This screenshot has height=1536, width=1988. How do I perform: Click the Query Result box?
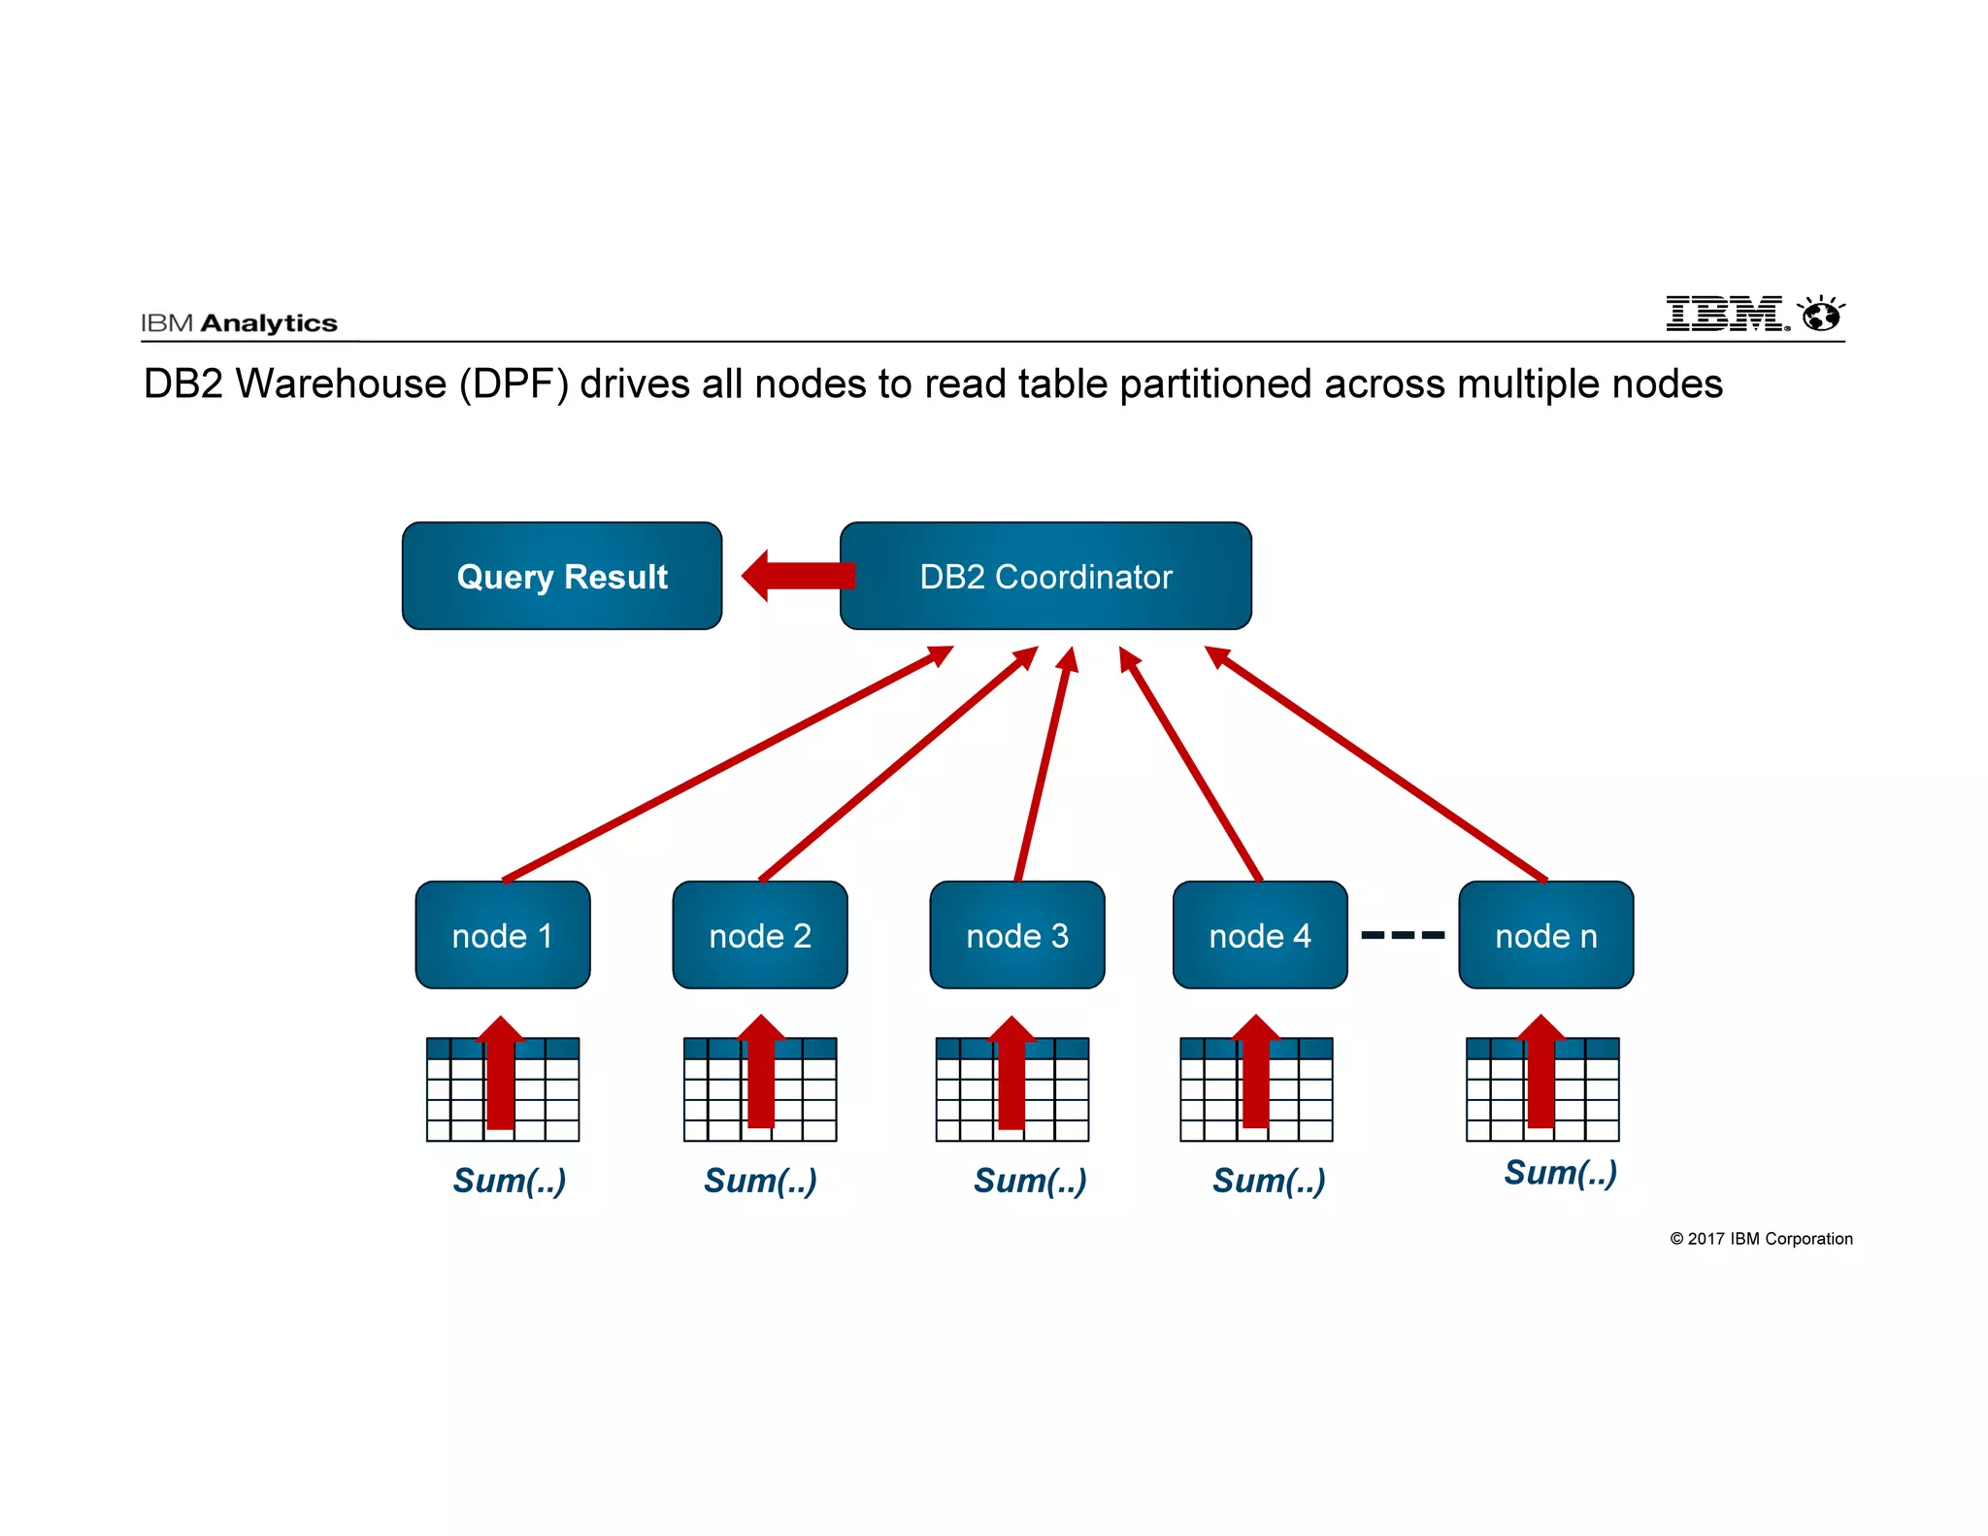[x=562, y=576]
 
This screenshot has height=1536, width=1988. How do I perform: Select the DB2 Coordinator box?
[x=1045, y=576]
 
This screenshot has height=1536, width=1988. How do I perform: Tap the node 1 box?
[x=503, y=935]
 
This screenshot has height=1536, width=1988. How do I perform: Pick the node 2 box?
[x=760, y=935]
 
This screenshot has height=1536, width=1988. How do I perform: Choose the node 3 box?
[x=1017, y=935]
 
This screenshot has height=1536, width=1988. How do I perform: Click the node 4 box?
[x=1260, y=935]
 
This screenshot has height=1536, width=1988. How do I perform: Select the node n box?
[x=1545, y=935]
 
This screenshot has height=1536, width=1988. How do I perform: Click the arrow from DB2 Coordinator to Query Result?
[x=798, y=576]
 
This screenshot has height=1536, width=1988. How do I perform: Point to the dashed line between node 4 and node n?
[x=1403, y=935]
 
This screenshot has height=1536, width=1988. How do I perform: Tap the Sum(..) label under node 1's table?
[x=510, y=1181]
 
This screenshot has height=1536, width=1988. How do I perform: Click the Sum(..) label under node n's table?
[x=1561, y=1173]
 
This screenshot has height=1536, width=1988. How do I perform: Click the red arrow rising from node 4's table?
[x=1256, y=1073]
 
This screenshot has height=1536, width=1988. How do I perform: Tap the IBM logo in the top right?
[x=1726, y=314]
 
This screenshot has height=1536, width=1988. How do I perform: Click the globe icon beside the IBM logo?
[x=1821, y=315]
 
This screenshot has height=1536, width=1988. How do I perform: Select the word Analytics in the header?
[x=269, y=323]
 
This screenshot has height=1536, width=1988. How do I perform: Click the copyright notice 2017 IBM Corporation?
[x=1761, y=1239]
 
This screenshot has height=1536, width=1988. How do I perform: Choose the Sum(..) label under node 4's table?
[x=1269, y=1181]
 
